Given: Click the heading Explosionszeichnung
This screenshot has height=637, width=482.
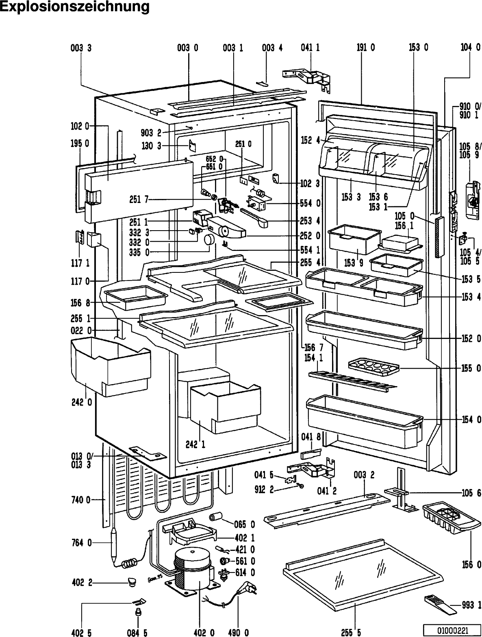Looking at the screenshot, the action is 74,7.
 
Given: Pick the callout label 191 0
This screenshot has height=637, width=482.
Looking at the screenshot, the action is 366,48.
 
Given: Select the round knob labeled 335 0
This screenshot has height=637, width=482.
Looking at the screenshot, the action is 209,240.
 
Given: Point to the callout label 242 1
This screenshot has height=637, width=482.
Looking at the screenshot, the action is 195,444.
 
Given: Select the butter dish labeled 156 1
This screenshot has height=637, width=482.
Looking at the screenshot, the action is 400,243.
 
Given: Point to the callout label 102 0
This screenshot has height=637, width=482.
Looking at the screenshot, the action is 80,126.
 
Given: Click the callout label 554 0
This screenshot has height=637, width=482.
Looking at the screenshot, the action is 310,203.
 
